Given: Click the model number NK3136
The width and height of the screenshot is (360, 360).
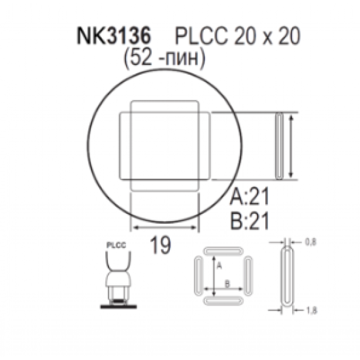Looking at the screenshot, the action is [x=114, y=36].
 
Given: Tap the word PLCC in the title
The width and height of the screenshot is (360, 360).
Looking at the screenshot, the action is [x=202, y=36].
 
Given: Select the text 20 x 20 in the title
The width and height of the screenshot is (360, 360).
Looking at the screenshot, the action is [x=267, y=36].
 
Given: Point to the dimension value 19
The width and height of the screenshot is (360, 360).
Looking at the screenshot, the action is [x=160, y=245].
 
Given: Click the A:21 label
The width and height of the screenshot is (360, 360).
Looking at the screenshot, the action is [x=249, y=196].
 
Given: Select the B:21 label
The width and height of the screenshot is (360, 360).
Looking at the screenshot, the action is [x=249, y=221].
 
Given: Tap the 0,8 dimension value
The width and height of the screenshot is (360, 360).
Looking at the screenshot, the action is [x=311, y=242].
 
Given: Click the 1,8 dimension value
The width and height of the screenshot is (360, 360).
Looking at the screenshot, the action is [x=312, y=311].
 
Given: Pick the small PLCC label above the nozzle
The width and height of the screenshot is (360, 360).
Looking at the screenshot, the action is [x=116, y=245].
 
